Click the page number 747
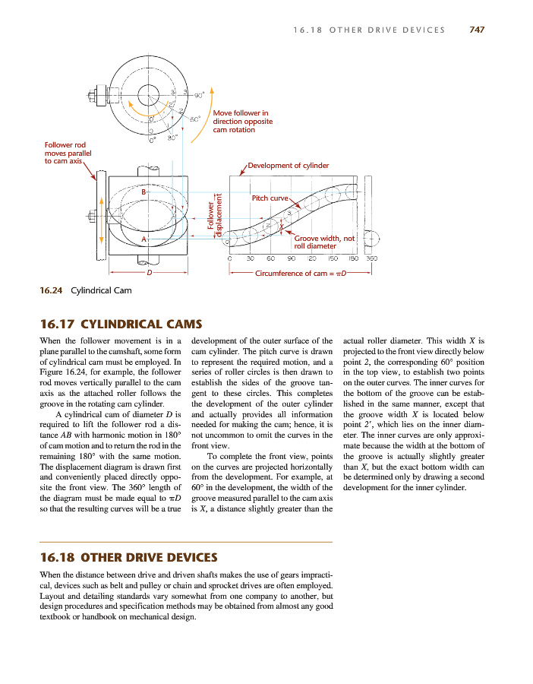477,30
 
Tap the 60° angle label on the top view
194,119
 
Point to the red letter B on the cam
144,192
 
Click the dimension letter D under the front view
149,271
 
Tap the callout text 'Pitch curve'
270,198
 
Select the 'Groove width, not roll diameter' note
323,242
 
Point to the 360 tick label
371,259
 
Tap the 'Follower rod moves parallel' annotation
68,153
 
